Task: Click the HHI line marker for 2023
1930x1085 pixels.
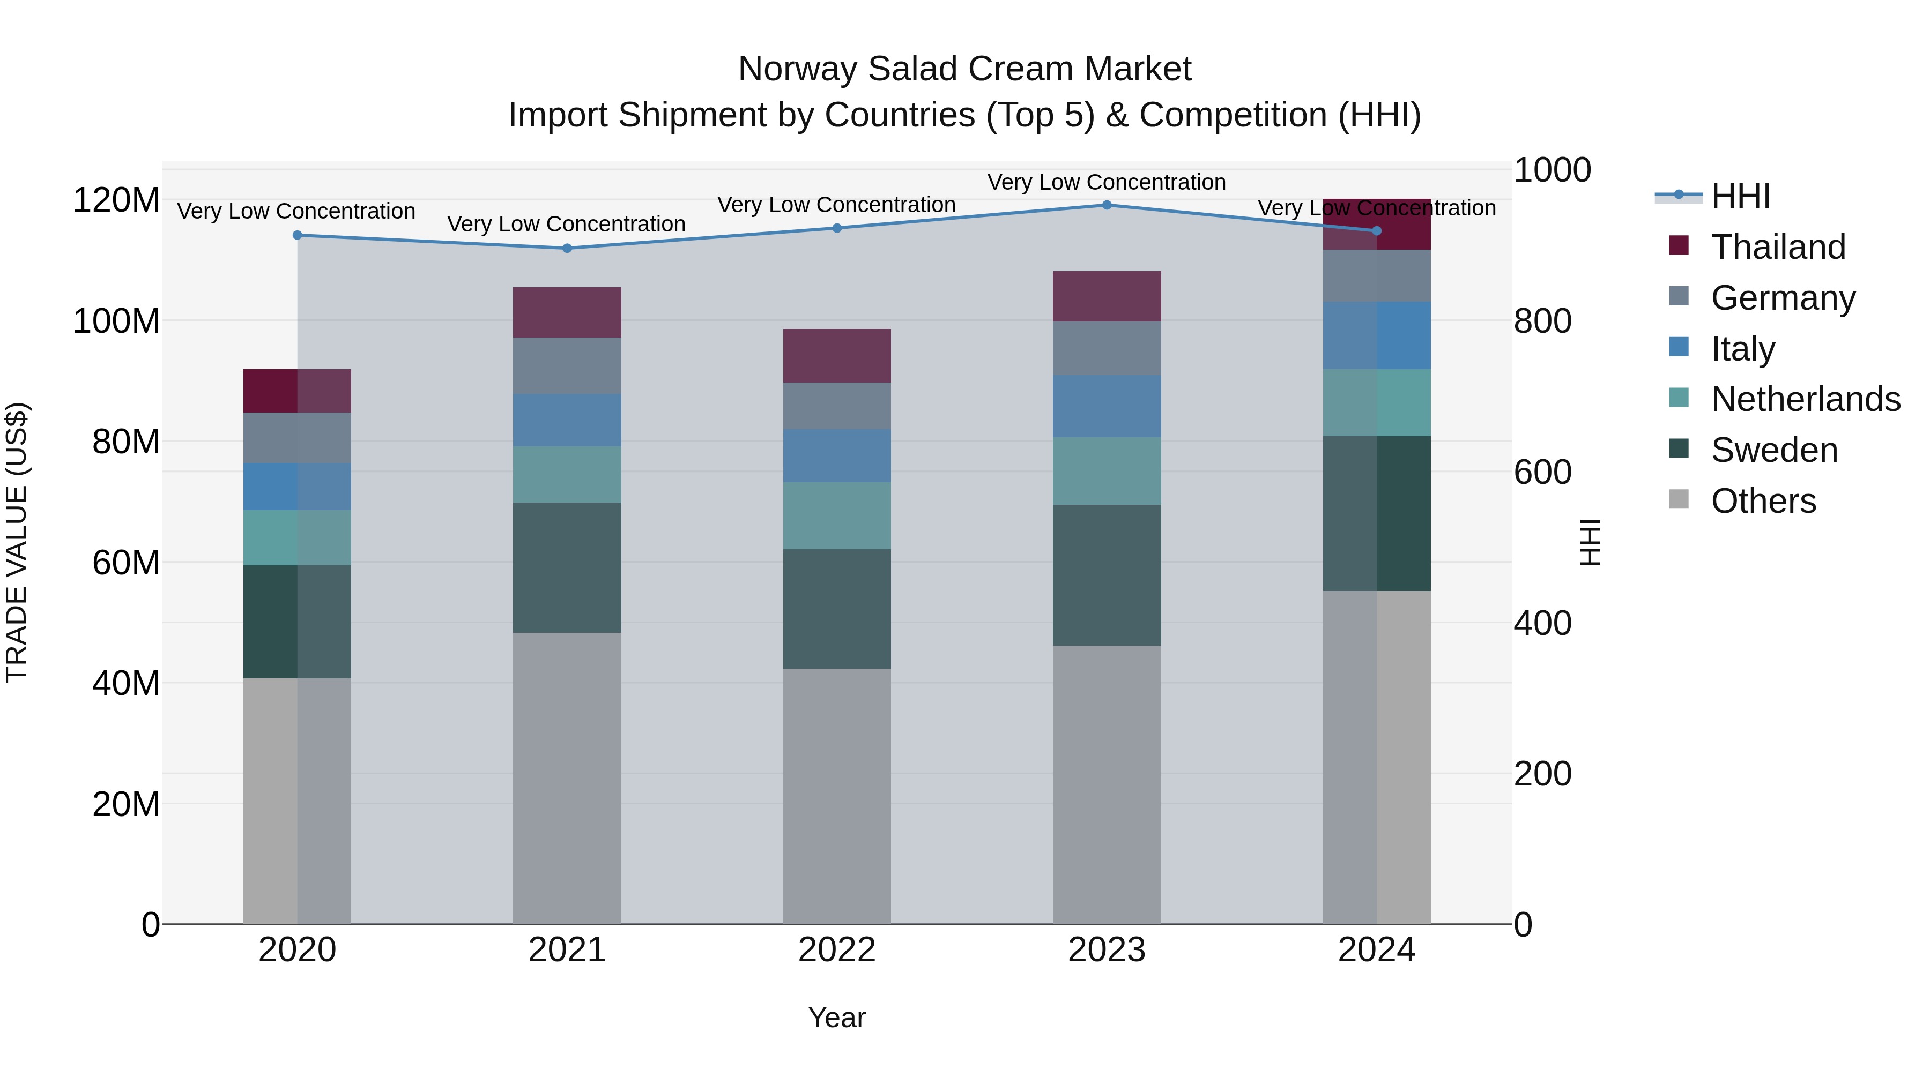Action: pos(1107,205)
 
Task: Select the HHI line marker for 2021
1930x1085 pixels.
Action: pos(567,249)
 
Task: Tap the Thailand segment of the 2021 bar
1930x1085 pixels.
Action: pos(567,312)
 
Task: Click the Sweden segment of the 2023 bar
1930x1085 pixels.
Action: pos(1107,575)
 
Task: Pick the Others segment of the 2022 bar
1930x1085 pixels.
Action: pos(837,796)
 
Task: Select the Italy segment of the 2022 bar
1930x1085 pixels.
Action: pos(837,455)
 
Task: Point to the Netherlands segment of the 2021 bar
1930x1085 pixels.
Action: pos(567,474)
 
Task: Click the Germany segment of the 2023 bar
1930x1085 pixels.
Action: pos(1107,348)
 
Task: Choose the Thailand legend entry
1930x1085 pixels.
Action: pos(1777,247)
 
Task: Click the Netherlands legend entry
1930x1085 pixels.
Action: pos(1804,399)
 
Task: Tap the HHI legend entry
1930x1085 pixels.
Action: pos(1740,196)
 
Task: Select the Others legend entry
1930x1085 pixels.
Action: pos(1762,501)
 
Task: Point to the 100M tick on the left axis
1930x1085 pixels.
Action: pos(116,321)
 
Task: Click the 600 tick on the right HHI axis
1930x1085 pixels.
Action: pos(1542,473)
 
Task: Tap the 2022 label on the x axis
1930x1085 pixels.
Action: pos(837,950)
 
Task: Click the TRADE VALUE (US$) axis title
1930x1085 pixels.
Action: pos(17,542)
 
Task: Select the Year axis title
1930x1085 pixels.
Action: pos(837,1017)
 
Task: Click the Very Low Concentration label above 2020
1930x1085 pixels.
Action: pos(296,211)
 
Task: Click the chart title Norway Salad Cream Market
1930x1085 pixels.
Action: pos(964,69)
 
